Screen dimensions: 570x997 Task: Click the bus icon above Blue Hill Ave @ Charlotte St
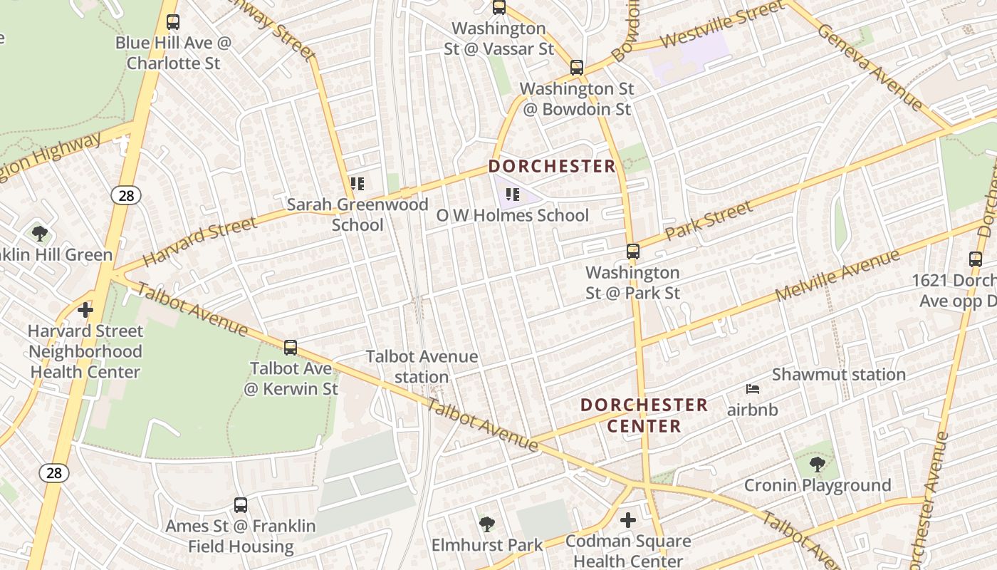pos(172,22)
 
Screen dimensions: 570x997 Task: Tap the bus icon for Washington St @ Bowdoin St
pos(577,68)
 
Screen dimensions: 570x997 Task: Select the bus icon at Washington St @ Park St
pos(632,252)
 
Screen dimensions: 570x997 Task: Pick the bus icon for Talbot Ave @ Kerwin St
pos(291,348)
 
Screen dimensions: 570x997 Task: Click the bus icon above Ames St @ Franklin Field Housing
pos(241,505)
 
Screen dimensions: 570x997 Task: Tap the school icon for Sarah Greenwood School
pos(357,184)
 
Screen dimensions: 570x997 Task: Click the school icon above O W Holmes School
pos(513,194)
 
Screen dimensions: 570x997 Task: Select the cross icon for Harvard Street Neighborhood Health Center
pos(85,310)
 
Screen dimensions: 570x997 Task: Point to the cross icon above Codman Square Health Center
pos(627,520)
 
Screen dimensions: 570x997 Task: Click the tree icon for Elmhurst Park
pos(487,525)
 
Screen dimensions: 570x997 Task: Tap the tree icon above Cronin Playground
pos(817,465)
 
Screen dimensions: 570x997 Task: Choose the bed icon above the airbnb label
pos(753,389)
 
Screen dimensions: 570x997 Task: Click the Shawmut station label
pos(839,374)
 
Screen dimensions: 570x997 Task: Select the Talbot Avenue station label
pos(422,366)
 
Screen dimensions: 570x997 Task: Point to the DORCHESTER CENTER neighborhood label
pos(644,415)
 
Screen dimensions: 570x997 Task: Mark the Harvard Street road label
pos(199,242)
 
